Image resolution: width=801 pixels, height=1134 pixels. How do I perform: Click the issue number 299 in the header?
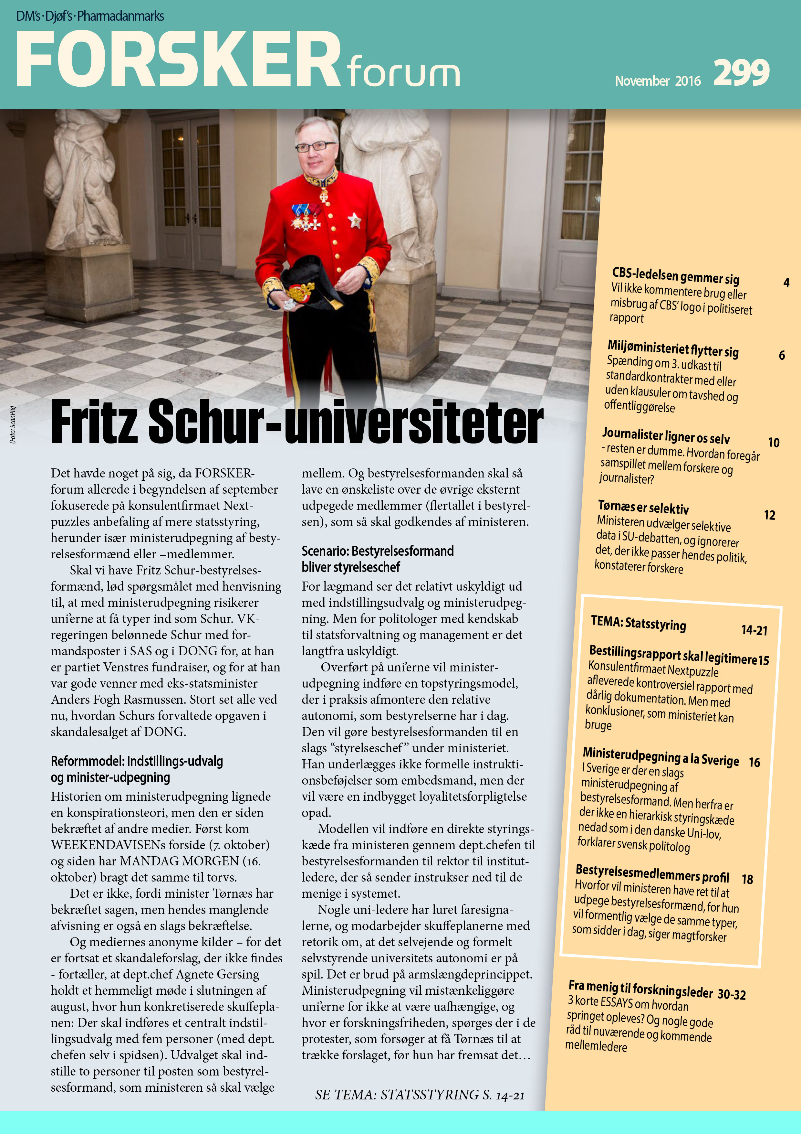tap(741, 73)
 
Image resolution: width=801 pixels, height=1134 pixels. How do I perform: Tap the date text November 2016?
tap(657, 80)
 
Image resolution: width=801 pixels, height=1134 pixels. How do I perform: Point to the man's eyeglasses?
tap(315, 146)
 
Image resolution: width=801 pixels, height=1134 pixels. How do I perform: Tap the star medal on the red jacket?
tap(354, 220)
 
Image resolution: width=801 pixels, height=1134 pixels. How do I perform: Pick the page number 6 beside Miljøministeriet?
tap(782, 355)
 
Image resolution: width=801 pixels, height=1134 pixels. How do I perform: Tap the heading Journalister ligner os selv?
tap(665, 436)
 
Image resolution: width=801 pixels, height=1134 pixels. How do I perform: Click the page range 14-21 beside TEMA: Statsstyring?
tap(754, 630)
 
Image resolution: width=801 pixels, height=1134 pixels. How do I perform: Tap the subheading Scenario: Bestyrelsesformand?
tap(378, 551)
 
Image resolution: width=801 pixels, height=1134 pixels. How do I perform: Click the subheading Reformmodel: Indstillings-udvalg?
tap(137, 761)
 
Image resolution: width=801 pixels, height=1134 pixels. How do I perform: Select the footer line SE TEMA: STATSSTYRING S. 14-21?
tap(420, 1095)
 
